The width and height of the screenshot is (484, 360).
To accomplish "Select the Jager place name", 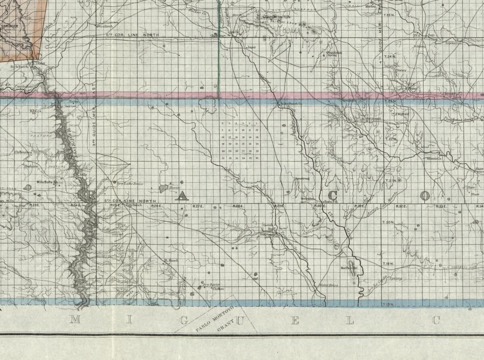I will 252,47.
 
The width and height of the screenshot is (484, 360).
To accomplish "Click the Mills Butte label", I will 45,182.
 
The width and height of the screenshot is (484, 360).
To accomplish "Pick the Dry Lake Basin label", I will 130,184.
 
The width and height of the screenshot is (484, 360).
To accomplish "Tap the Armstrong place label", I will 302,178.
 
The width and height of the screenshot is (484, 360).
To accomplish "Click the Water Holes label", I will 328,285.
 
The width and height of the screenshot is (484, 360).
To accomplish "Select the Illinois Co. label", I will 435,159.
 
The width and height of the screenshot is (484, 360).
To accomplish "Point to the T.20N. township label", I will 388,222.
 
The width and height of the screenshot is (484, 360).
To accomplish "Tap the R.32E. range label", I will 401,206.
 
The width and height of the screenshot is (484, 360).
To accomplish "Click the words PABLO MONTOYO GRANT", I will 216,322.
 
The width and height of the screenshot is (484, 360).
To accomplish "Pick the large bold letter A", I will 181,196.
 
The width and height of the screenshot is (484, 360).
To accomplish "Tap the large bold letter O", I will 424,196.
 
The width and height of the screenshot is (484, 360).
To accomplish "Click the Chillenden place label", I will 23,152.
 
